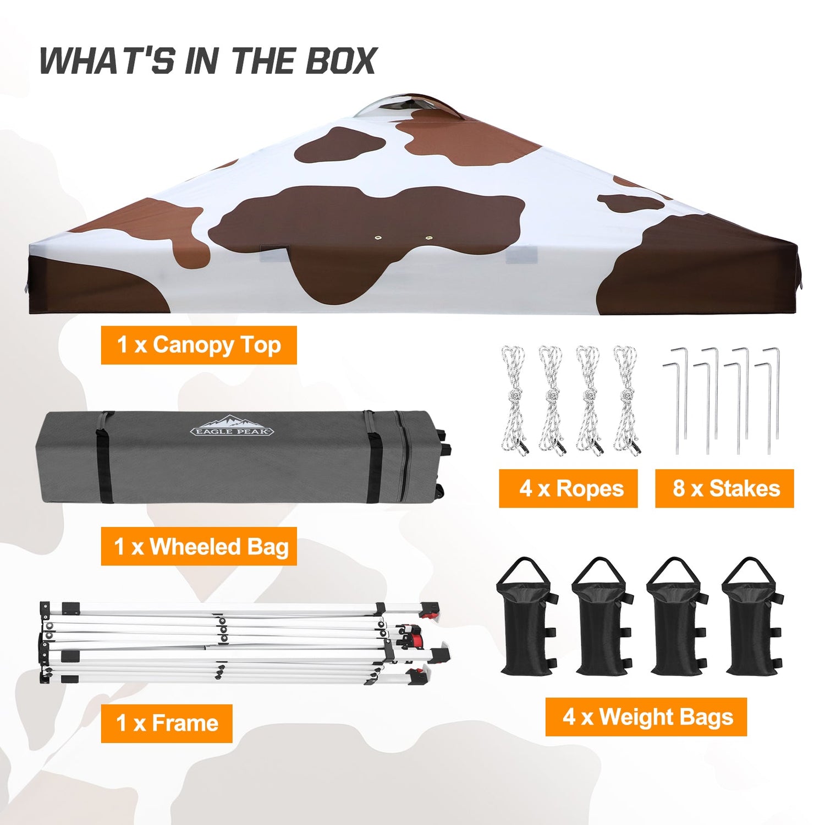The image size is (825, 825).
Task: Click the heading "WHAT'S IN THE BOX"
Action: (x=208, y=61)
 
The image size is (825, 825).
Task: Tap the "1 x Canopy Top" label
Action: (x=199, y=345)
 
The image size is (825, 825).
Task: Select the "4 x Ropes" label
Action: (x=568, y=488)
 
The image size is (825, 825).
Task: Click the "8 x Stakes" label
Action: (x=724, y=488)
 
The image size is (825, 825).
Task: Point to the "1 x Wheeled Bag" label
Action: (x=199, y=546)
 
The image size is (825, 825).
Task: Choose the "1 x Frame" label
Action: (x=167, y=723)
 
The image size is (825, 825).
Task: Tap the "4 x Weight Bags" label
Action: (x=646, y=717)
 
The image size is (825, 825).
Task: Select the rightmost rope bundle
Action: (x=626, y=400)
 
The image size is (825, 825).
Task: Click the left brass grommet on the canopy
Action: (x=378, y=238)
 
